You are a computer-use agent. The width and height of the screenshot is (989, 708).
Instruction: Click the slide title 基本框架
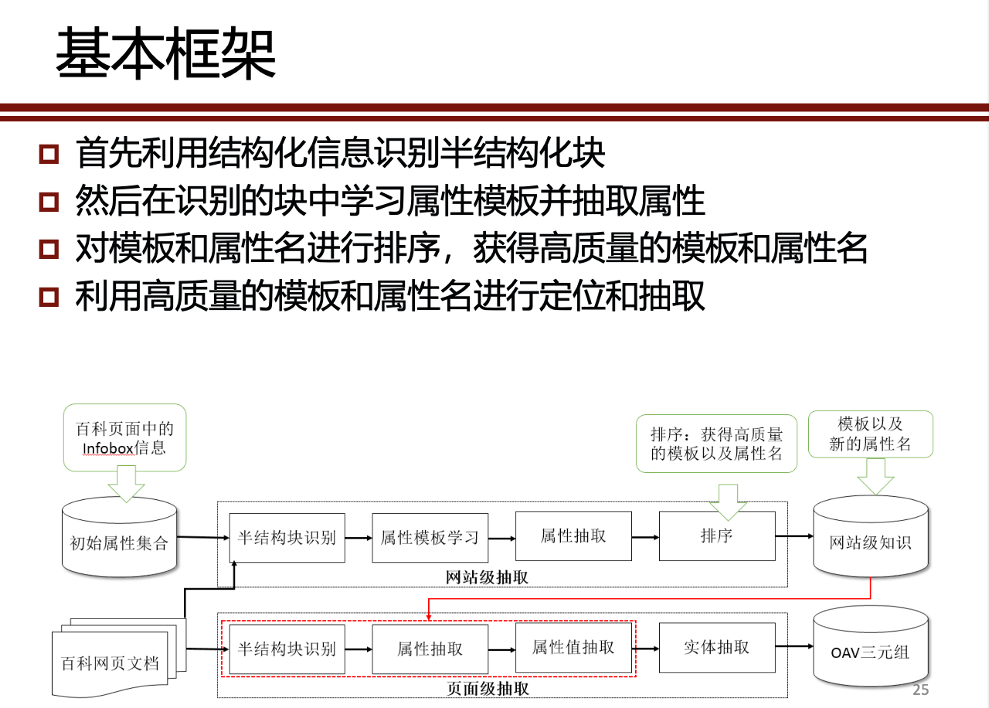click(x=165, y=54)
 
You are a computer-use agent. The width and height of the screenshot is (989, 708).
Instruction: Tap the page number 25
click(x=920, y=690)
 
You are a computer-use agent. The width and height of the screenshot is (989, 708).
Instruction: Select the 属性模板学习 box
click(x=430, y=537)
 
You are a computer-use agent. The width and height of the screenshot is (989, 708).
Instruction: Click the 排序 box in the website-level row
click(x=716, y=536)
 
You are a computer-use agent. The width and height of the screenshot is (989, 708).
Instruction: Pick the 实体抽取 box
click(x=716, y=647)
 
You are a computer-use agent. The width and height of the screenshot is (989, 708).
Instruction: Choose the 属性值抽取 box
click(x=573, y=647)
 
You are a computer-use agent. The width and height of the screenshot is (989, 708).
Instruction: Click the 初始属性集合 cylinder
click(x=119, y=541)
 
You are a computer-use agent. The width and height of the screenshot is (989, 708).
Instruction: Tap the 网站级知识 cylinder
click(x=870, y=541)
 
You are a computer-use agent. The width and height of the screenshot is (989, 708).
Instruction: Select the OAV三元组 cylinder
click(x=870, y=652)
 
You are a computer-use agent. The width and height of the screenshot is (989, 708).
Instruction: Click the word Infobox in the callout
click(x=108, y=448)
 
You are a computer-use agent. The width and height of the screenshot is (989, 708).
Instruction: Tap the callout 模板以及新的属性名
click(x=870, y=434)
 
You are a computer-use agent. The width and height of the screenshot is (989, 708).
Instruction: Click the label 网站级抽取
click(x=488, y=577)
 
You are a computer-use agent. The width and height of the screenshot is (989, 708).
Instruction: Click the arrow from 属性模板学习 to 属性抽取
click(x=501, y=537)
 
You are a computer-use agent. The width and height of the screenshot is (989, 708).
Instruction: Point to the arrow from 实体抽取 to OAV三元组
click(x=793, y=648)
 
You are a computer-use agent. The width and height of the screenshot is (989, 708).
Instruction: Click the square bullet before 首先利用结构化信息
click(x=49, y=154)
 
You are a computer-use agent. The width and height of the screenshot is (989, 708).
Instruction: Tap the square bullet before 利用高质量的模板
click(x=49, y=296)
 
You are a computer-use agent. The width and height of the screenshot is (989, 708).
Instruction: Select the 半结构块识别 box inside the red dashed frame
click(x=287, y=648)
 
